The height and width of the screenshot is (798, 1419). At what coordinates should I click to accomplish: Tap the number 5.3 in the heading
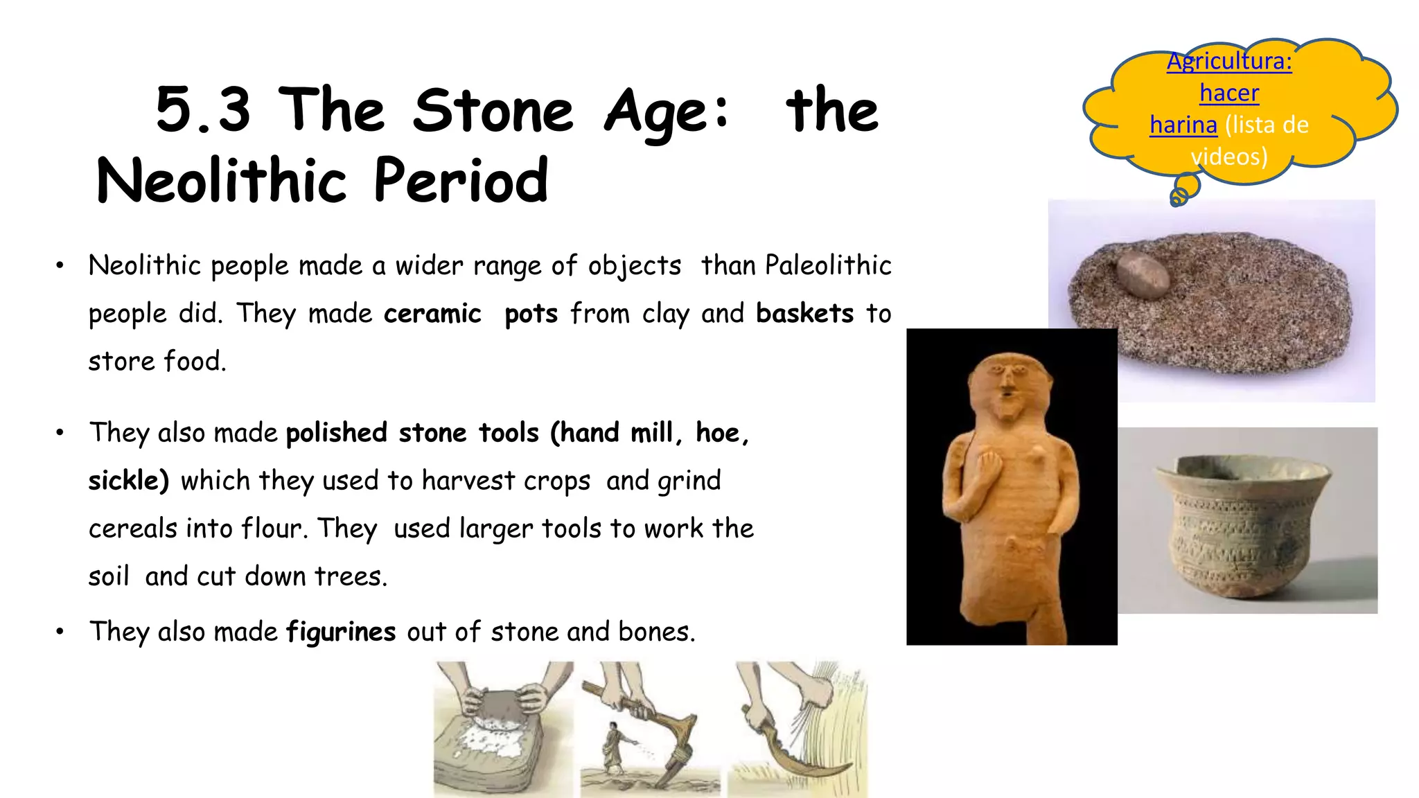(203, 111)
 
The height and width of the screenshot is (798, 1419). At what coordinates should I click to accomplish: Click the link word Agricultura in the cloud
(1228, 62)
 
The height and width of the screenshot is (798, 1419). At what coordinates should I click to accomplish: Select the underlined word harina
(1183, 125)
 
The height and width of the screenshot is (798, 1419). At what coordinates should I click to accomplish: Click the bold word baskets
(804, 314)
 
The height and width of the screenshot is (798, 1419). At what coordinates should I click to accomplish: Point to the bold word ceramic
(432, 314)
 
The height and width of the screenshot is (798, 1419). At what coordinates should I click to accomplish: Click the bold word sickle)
(128, 481)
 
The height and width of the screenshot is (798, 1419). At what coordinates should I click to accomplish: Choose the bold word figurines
(341, 632)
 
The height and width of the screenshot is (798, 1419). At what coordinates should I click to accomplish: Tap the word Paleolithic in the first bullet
(828, 266)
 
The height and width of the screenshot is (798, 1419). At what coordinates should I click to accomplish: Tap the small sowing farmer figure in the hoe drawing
(613, 745)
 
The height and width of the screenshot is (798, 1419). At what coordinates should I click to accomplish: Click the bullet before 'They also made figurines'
(60, 632)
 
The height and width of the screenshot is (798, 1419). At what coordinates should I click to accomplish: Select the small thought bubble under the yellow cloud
(1186, 189)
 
